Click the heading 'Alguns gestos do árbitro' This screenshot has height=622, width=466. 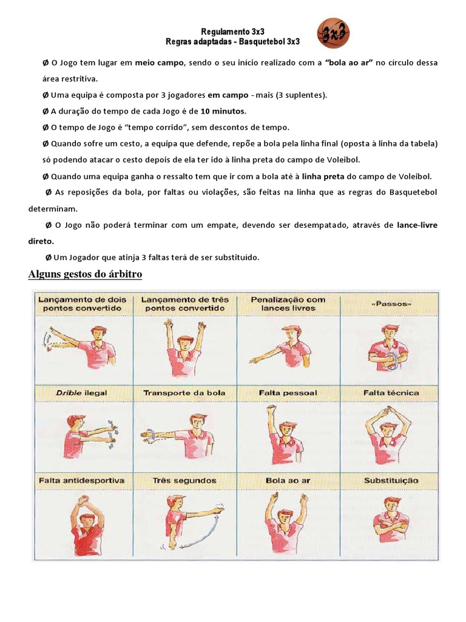tap(85, 275)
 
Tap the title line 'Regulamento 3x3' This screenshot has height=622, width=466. tap(233, 31)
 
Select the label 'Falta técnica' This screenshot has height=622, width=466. tap(391, 393)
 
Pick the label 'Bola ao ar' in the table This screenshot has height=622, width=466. tap(288, 480)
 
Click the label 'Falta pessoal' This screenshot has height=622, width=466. tap(288, 393)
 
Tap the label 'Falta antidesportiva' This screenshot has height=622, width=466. tap(81, 480)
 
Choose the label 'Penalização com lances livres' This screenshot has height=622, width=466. tap(288, 304)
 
